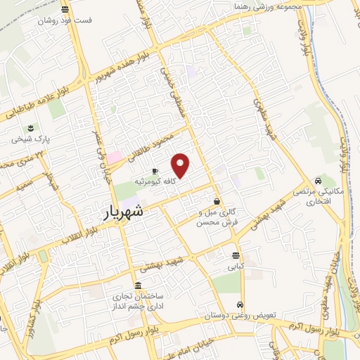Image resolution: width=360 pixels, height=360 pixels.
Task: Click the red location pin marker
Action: point(181,165)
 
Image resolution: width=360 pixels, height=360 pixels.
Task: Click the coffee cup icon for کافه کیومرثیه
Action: point(155,171)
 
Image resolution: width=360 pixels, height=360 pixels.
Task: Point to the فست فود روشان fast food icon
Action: point(65,10)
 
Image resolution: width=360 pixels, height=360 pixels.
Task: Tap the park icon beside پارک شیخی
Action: point(30,128)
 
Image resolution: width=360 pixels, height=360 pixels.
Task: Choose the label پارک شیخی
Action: point(30,139)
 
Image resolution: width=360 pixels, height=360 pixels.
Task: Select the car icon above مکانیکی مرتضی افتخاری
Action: point(319,181)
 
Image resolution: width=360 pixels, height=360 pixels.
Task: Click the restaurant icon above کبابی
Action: point(235,255)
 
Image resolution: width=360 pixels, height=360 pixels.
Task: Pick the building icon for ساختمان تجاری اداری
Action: point(137,286)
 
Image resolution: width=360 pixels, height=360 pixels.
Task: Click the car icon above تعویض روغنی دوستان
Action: point(240,305)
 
